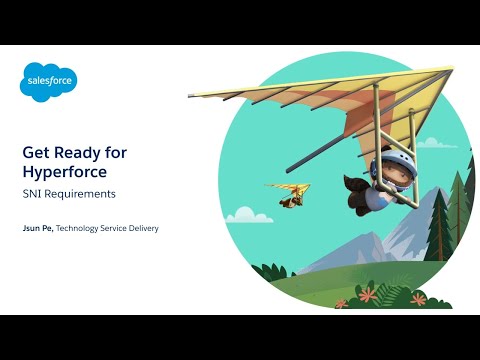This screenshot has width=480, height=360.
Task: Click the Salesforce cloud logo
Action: click(48, 81)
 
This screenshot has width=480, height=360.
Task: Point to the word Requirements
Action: click(80, 193)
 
